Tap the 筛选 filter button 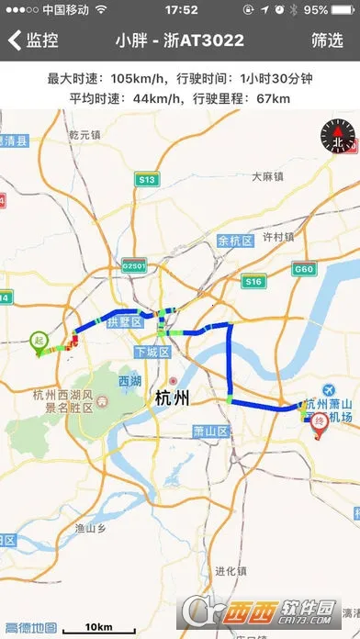(327, 40)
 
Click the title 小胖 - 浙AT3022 (180, 40)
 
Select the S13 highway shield (146, 180)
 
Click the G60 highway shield (303, 268)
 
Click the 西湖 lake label (129, 381)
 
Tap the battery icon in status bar (341, 10)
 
